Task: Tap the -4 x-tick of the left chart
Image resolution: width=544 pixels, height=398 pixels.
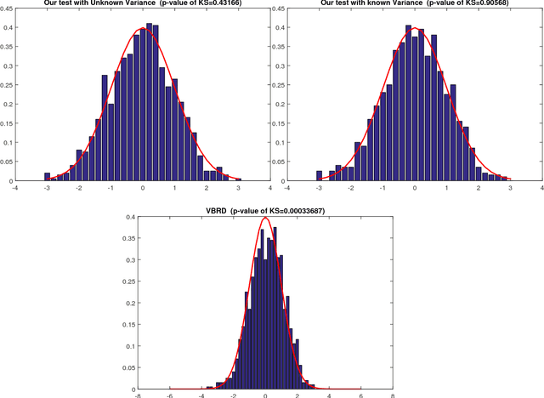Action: [x=15, y=189]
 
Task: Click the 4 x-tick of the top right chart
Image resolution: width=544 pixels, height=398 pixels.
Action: [x=541, y=189]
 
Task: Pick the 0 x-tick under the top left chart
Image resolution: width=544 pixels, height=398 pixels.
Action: [x=143, y=189]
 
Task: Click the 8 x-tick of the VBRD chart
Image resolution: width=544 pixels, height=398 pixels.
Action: [x=392, y=394]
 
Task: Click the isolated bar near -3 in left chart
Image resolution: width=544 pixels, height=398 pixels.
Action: [x=48, y=177]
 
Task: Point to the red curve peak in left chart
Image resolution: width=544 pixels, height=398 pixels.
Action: [x=142, y=30]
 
